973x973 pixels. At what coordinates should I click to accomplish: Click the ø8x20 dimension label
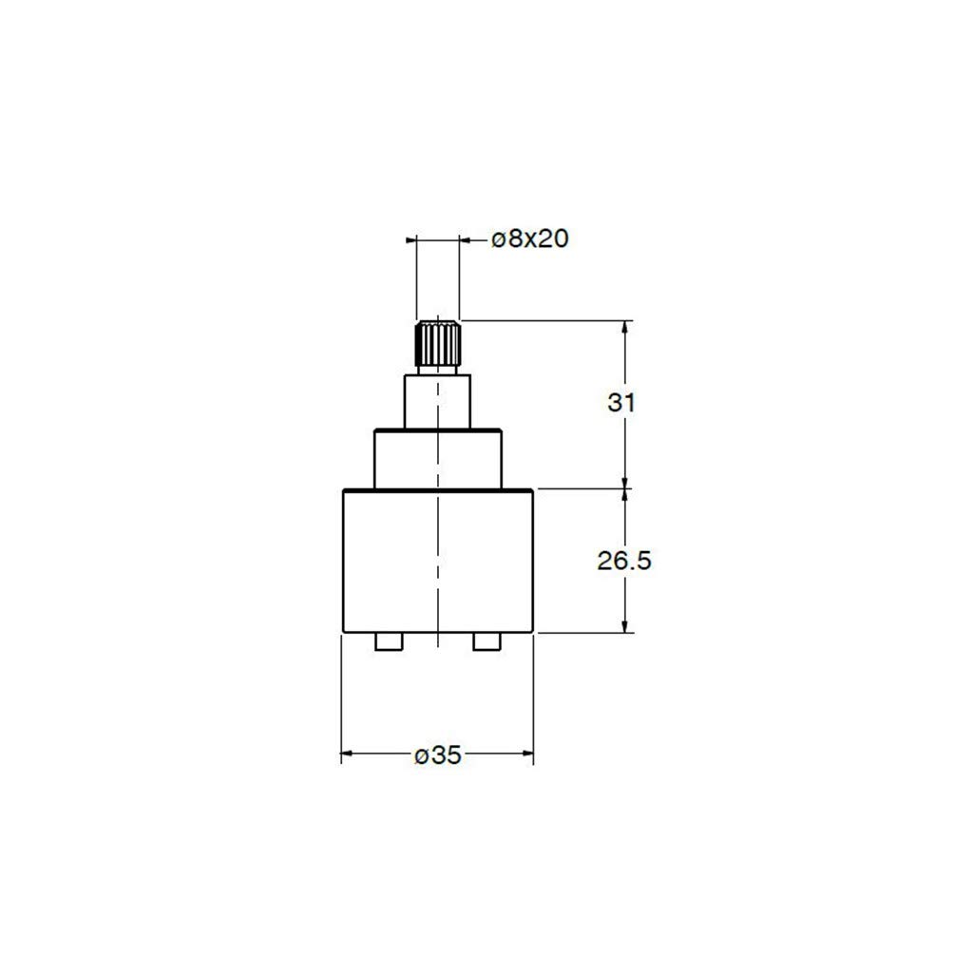[530, 238]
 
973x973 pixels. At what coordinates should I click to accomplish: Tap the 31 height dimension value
[621, 403]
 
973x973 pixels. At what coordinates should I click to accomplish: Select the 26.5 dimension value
[624, 561]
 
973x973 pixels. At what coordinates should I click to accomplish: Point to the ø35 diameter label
[438, 754]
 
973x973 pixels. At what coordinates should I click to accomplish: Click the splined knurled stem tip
[437, 343]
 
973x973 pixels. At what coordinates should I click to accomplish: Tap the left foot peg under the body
[389, 641]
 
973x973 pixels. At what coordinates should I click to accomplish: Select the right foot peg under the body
[487, 641]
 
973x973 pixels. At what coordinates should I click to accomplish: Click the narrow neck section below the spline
[437, 401]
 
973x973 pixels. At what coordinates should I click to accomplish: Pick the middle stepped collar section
[437, 459]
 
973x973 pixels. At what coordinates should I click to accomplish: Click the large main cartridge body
[438, 561]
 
